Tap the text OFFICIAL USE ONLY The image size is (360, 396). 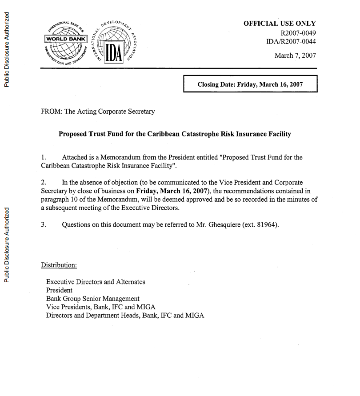280,24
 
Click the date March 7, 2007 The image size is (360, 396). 295,56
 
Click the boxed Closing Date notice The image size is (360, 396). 250,84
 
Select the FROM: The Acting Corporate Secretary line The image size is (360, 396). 98,112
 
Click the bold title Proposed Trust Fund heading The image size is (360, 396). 175,134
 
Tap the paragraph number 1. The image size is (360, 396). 43,157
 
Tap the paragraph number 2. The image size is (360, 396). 43,183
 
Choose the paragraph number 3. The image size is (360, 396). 43,224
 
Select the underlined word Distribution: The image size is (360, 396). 59,265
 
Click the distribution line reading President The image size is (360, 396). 59,290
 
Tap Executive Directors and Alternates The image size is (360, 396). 96,282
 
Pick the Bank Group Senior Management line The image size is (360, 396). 92,299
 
